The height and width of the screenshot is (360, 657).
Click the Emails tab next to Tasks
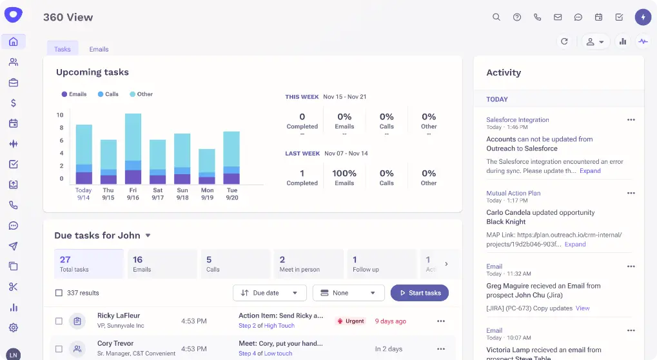coord(99,49)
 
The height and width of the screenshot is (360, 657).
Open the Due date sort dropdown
coord(269,293)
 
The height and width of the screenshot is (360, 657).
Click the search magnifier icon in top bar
coord(496,17)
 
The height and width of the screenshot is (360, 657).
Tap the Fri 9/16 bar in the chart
coord(133,149)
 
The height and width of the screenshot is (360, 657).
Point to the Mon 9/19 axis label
coord(207,194)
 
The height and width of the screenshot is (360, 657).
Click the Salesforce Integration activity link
coord(517,120)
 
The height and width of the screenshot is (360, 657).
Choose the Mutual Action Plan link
coord(513,194)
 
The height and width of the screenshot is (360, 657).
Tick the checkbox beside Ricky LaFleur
coord(59,321)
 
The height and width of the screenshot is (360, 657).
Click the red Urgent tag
coord(351,321)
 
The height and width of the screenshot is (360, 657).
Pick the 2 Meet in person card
coord(307,264)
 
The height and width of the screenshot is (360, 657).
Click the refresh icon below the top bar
coord(564,41)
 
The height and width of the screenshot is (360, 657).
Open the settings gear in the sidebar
coord(14,328)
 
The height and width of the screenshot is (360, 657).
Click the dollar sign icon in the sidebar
coord(14,103)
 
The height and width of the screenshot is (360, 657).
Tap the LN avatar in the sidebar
coord(14,354)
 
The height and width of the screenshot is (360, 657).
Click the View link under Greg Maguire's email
coord(582,308)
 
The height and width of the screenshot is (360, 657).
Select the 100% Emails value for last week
coord(344,174)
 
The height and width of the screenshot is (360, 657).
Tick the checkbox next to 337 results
coord(59,293)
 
